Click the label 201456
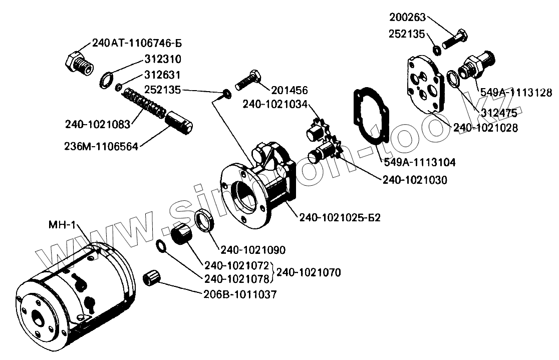click(x=289, y=90)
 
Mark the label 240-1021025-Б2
click(x=340, y=218)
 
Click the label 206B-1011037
click(x=241, y=295)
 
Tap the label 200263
click(x=407, y=18)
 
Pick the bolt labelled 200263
click(x=455, y=40)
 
